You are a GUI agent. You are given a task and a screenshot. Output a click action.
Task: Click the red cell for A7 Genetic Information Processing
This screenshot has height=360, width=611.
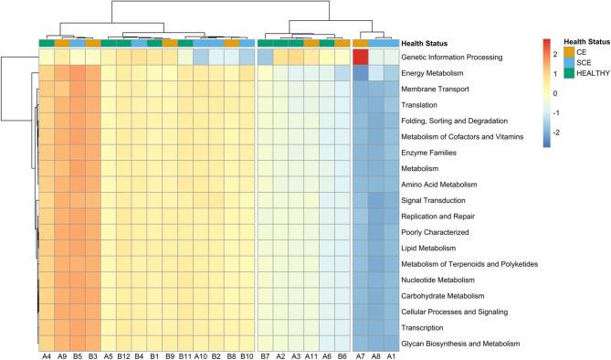[x=360, y=58]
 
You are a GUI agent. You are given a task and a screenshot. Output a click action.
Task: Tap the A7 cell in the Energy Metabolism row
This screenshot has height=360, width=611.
[x=360, y=73]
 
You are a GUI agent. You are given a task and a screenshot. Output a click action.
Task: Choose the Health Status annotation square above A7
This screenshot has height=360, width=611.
[x=360, y=43]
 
